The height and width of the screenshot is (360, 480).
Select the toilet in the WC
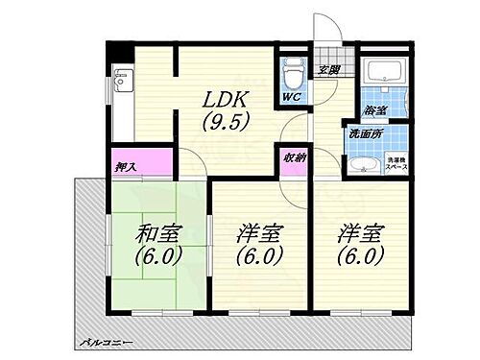pos(292,73)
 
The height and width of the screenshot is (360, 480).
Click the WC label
pos(292,98)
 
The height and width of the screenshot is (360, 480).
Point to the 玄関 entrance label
pos(330,70)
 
